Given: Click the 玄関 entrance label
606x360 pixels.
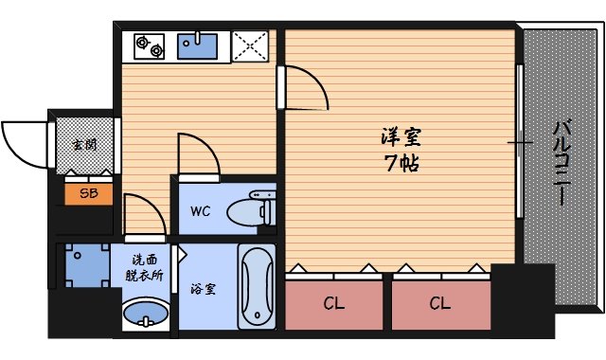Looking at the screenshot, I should (83, 145).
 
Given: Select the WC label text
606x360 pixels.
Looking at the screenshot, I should (200, 210).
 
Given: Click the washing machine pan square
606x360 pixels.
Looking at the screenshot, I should (81, 267).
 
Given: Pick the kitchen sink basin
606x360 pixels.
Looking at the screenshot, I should (199, 45).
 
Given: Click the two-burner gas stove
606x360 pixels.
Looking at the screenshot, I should (148, 45).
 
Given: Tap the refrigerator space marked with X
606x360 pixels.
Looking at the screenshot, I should (250, 45).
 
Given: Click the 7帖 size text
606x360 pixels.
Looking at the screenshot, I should (396, 163).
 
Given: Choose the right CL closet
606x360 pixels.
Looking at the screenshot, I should (438, 303).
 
